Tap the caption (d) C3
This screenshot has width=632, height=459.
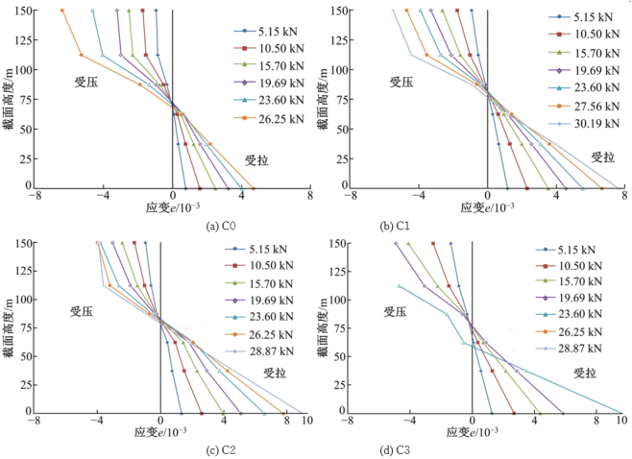[x=473, y=450]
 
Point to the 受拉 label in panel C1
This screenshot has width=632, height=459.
[x=602, y=157]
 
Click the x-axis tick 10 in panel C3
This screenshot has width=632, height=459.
[x=620, y=421]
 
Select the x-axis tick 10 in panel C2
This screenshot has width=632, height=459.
[x=304, y=421]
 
